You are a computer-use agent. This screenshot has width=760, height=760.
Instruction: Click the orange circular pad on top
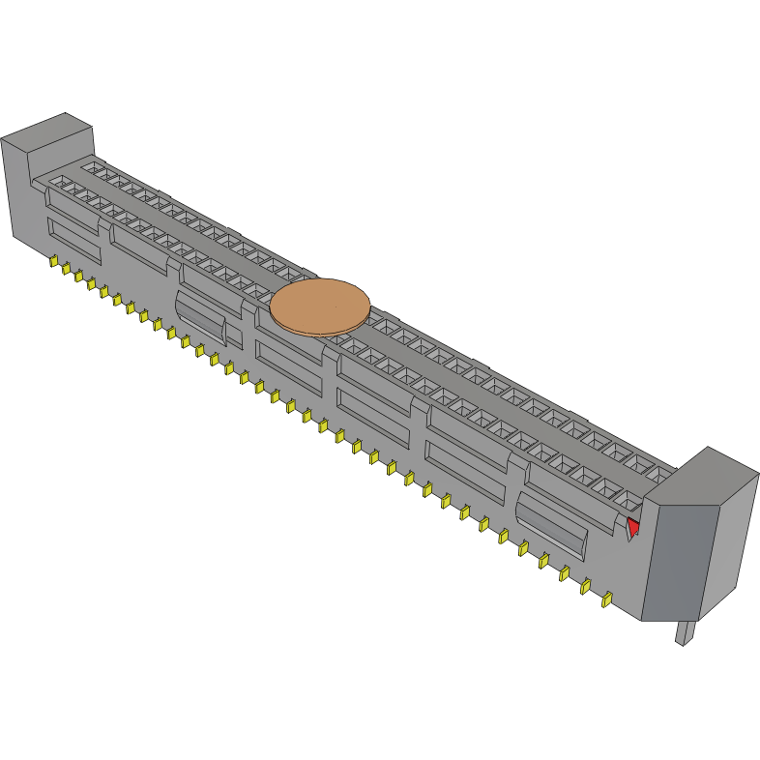320,307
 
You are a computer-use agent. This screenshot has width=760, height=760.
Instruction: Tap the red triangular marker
633,527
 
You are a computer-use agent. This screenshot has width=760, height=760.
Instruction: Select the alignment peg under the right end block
685,632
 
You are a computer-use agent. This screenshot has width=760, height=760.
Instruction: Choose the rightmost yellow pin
607,599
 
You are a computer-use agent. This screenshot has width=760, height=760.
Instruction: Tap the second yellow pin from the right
585,586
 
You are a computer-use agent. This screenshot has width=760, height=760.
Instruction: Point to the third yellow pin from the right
565,573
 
